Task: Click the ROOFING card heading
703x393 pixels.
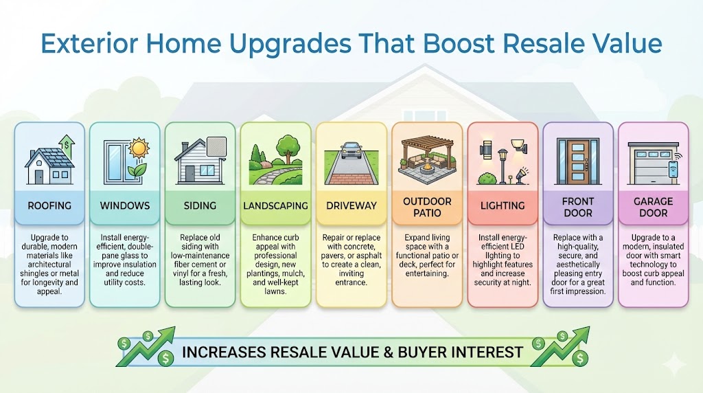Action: (49, 205)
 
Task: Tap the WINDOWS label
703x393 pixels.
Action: (124, 205)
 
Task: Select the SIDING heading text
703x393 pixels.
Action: (200, 205)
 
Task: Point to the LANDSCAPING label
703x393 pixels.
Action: (275, 205)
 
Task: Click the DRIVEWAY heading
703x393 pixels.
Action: (351, 205)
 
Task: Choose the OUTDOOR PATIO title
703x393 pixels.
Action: (426, 207)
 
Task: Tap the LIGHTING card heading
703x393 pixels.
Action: (503, 205)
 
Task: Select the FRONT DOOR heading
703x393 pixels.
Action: (577, 207)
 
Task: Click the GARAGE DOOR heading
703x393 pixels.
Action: (653, 207)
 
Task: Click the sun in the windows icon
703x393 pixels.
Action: (139, 147)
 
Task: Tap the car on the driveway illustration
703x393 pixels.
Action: (351, 150)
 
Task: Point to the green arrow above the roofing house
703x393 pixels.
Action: (67, 144)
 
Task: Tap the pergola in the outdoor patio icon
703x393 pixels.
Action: (426, 147)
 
